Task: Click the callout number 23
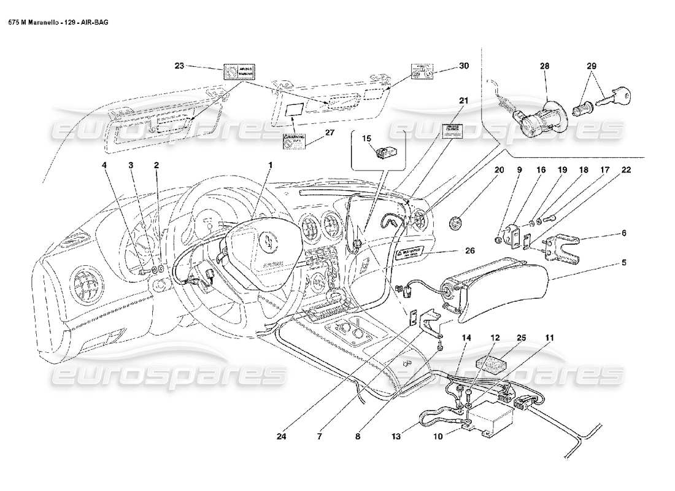pos(179,66)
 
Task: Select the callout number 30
pos(463,66)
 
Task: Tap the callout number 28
pos(544,66)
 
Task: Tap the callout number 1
pos(269,165)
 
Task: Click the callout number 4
pos(105,165)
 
